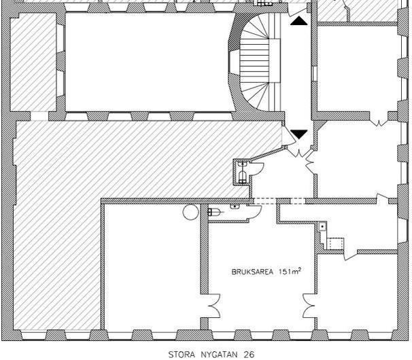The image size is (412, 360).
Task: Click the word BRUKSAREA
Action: tap(252, 272)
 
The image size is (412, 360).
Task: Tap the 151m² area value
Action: tap(290, 271)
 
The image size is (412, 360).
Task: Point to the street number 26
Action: tap(249, 355)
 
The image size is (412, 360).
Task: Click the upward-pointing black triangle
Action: tap(298, 21)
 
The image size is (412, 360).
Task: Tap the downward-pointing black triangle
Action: tap(298, 134)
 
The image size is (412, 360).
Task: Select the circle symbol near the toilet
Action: tap(190, 212)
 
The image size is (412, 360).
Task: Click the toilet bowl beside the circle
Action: tap(213, 212)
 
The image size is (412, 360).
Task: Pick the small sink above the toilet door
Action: tap(235, 206)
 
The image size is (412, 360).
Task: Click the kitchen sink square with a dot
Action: tap(322, 226)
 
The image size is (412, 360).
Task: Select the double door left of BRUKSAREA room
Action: tap(214, 306)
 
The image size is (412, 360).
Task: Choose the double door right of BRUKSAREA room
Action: tap(309, 306)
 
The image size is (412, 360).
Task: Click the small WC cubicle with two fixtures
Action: tap(241, 172)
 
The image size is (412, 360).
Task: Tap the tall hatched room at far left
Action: tap(33, 62)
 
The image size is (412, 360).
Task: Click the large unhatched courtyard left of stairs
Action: tap(148, 62)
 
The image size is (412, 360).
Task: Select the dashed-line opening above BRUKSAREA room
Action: tap(279, 201)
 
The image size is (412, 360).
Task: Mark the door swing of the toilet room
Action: tap(254, 211)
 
